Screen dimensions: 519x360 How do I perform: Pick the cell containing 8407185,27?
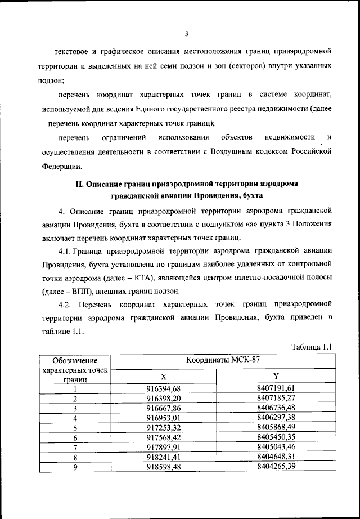coord(276,398)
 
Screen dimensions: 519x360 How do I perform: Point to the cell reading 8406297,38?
coord(276,418)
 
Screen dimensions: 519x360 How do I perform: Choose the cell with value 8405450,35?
coord(276,437)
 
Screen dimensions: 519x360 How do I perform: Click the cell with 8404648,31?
coord(276,457)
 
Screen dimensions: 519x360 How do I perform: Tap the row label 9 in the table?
coord(74,467)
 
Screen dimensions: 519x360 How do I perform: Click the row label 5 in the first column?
coord(74,428)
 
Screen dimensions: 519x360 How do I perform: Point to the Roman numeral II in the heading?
coord(80,184)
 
